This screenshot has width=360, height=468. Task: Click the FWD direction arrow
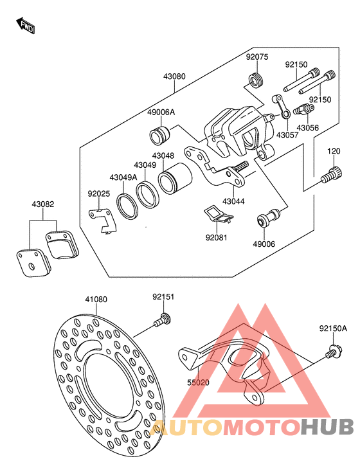pos(26,25)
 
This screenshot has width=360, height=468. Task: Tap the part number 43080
pos(174,76)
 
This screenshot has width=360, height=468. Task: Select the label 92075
pos(257,57)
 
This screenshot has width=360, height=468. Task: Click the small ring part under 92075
pos(255,80)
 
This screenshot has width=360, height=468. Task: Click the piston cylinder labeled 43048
pos(175,178)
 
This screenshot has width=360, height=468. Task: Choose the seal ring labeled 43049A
pos(127,204)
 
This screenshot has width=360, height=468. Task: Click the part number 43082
pos(43,204)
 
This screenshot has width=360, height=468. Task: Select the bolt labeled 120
pos(331,174)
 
